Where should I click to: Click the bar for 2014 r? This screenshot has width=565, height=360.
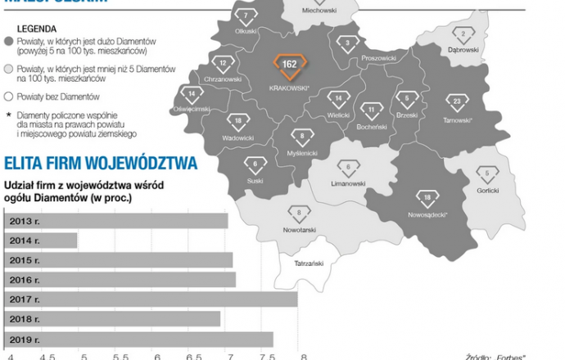[42, 241]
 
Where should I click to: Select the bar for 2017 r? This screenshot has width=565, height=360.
[151, 299]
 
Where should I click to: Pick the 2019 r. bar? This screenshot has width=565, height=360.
[139, 339]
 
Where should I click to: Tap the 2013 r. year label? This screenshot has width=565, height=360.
[25, 221]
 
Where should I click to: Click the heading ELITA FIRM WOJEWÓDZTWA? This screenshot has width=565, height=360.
[101, 164]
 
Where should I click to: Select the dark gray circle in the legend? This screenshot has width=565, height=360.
[8, 41]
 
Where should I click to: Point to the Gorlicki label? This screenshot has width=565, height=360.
[487, 191]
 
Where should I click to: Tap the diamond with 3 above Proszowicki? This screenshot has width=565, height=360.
[350, 43]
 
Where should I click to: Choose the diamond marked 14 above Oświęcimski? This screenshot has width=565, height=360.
[192, 93]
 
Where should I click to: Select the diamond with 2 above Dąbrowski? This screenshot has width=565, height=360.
[463, 34]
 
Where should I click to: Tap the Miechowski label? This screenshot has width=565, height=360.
[319, 11]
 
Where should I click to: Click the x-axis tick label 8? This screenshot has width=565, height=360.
[304, 356]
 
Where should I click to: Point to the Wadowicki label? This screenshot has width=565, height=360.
[237, 138]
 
